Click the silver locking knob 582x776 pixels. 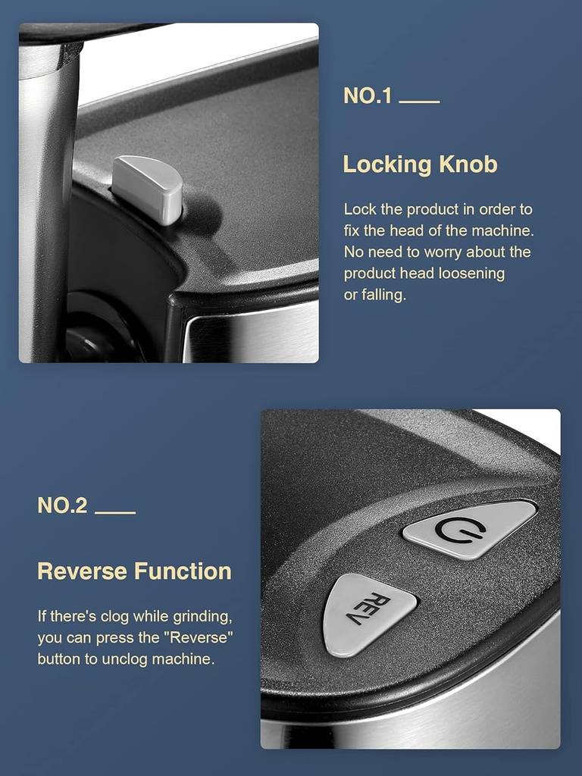coord(148,189)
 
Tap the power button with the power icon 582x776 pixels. coord(469,529)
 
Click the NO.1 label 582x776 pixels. coord(368,95)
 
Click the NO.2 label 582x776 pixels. coord(62,505)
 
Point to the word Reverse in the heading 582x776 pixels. coord(82,571)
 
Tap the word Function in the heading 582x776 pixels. coord(183,571)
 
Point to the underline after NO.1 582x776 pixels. coord(419,102)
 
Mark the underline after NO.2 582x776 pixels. coord(115,512)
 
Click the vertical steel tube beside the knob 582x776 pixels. coord(47,208)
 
